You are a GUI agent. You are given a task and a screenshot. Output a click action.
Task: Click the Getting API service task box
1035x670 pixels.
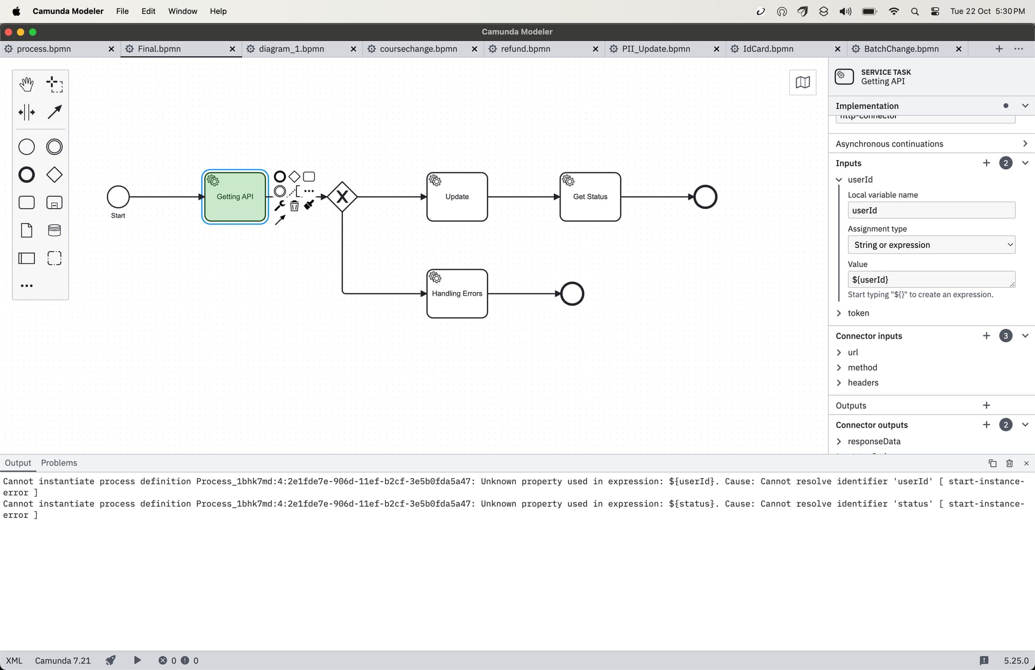pos(235,197)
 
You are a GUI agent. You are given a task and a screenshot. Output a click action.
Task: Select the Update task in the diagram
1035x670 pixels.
pos(457,197)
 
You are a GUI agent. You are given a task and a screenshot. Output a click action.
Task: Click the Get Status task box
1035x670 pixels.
pos(590,197)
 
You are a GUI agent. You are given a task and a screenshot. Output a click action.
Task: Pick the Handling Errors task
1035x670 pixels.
pos(457,294)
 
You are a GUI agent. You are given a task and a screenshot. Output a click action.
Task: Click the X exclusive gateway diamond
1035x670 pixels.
pos(342,197)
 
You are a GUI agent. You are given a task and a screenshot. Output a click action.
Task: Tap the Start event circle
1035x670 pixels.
pos(118,197)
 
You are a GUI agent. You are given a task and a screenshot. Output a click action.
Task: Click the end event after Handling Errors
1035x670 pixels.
pos(572,294)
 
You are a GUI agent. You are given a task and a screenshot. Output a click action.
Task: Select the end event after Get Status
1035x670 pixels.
pos(706,197)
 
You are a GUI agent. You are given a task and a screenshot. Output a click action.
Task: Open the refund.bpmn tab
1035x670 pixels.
pos(525,49)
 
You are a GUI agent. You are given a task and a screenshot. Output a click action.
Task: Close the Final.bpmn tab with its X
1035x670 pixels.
pos(232,49)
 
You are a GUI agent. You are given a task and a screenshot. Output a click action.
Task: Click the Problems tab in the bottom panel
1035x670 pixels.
pos(59,463)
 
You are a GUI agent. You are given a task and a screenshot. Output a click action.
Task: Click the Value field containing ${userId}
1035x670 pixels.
pos(931,279)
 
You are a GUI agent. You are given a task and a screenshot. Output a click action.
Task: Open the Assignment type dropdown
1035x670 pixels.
pos(931,245)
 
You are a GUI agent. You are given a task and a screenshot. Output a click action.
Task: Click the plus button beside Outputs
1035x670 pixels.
pos(986,405)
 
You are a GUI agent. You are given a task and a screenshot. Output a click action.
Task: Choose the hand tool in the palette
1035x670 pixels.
pos(26,84)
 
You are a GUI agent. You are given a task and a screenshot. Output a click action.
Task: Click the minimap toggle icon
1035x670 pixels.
pos(803,82)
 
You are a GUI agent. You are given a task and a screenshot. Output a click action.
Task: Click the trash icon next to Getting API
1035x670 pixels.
pos(294,206)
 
